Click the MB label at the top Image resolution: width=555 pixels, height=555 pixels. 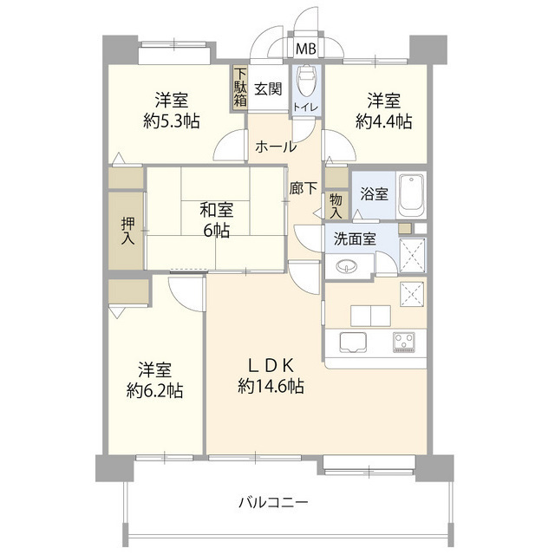point(306,49)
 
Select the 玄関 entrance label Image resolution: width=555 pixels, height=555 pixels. point(269,88)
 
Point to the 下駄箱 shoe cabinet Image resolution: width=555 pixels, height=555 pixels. point(240,88)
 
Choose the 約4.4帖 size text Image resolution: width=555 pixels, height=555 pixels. point(382,122)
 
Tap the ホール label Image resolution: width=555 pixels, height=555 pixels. point(276,147)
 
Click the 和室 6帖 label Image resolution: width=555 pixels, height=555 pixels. point(214,219)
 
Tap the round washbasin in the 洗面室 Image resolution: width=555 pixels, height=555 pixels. point(347,265)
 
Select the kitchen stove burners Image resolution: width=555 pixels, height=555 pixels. point(404,340)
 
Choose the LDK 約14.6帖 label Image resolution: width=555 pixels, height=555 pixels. point(271,376)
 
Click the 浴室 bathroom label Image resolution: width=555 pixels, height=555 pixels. point(375,195)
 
